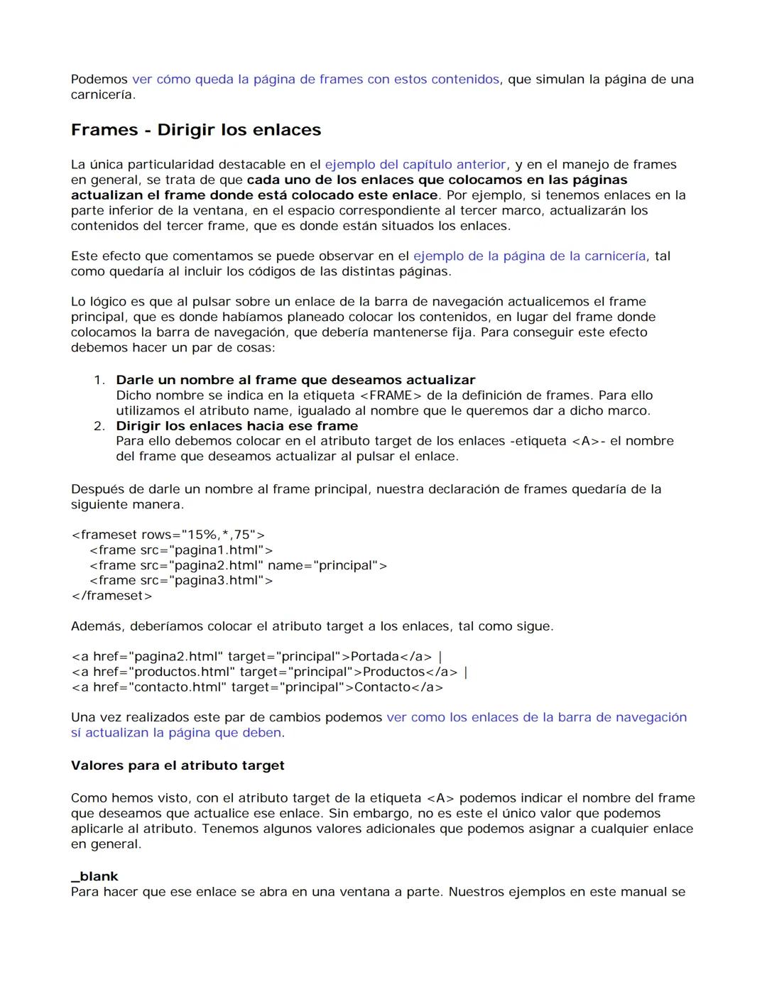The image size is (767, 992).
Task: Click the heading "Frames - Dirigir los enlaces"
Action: [x=196, y=130]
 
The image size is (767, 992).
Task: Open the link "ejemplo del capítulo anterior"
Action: [x=415, y=165]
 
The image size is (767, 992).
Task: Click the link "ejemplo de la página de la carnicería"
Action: [x=529, y=256]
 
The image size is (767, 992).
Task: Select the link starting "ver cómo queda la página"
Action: [x=315, y=80]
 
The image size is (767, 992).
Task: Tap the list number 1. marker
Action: [x=99, y=381]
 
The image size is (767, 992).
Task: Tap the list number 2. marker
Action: [x=99, y=426]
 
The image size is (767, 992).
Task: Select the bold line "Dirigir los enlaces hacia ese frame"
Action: [x=237, y=426]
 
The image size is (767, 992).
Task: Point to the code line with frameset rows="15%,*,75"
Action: [x=168, y=535]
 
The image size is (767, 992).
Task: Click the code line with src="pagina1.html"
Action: [x=181, y=550]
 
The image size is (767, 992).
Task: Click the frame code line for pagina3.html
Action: [x=181, y=581]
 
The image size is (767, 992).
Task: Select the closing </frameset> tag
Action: [x=111, y=596]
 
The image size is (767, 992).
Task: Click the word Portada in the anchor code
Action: [x=375, y=657]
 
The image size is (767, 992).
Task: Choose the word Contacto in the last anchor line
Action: [x=383, y=687]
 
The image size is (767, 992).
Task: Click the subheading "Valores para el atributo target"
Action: [x=178, y=765]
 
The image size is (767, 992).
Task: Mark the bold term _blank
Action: [x=94, y=877]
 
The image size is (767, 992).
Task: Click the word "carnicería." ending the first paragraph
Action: [x=102, y=95]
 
